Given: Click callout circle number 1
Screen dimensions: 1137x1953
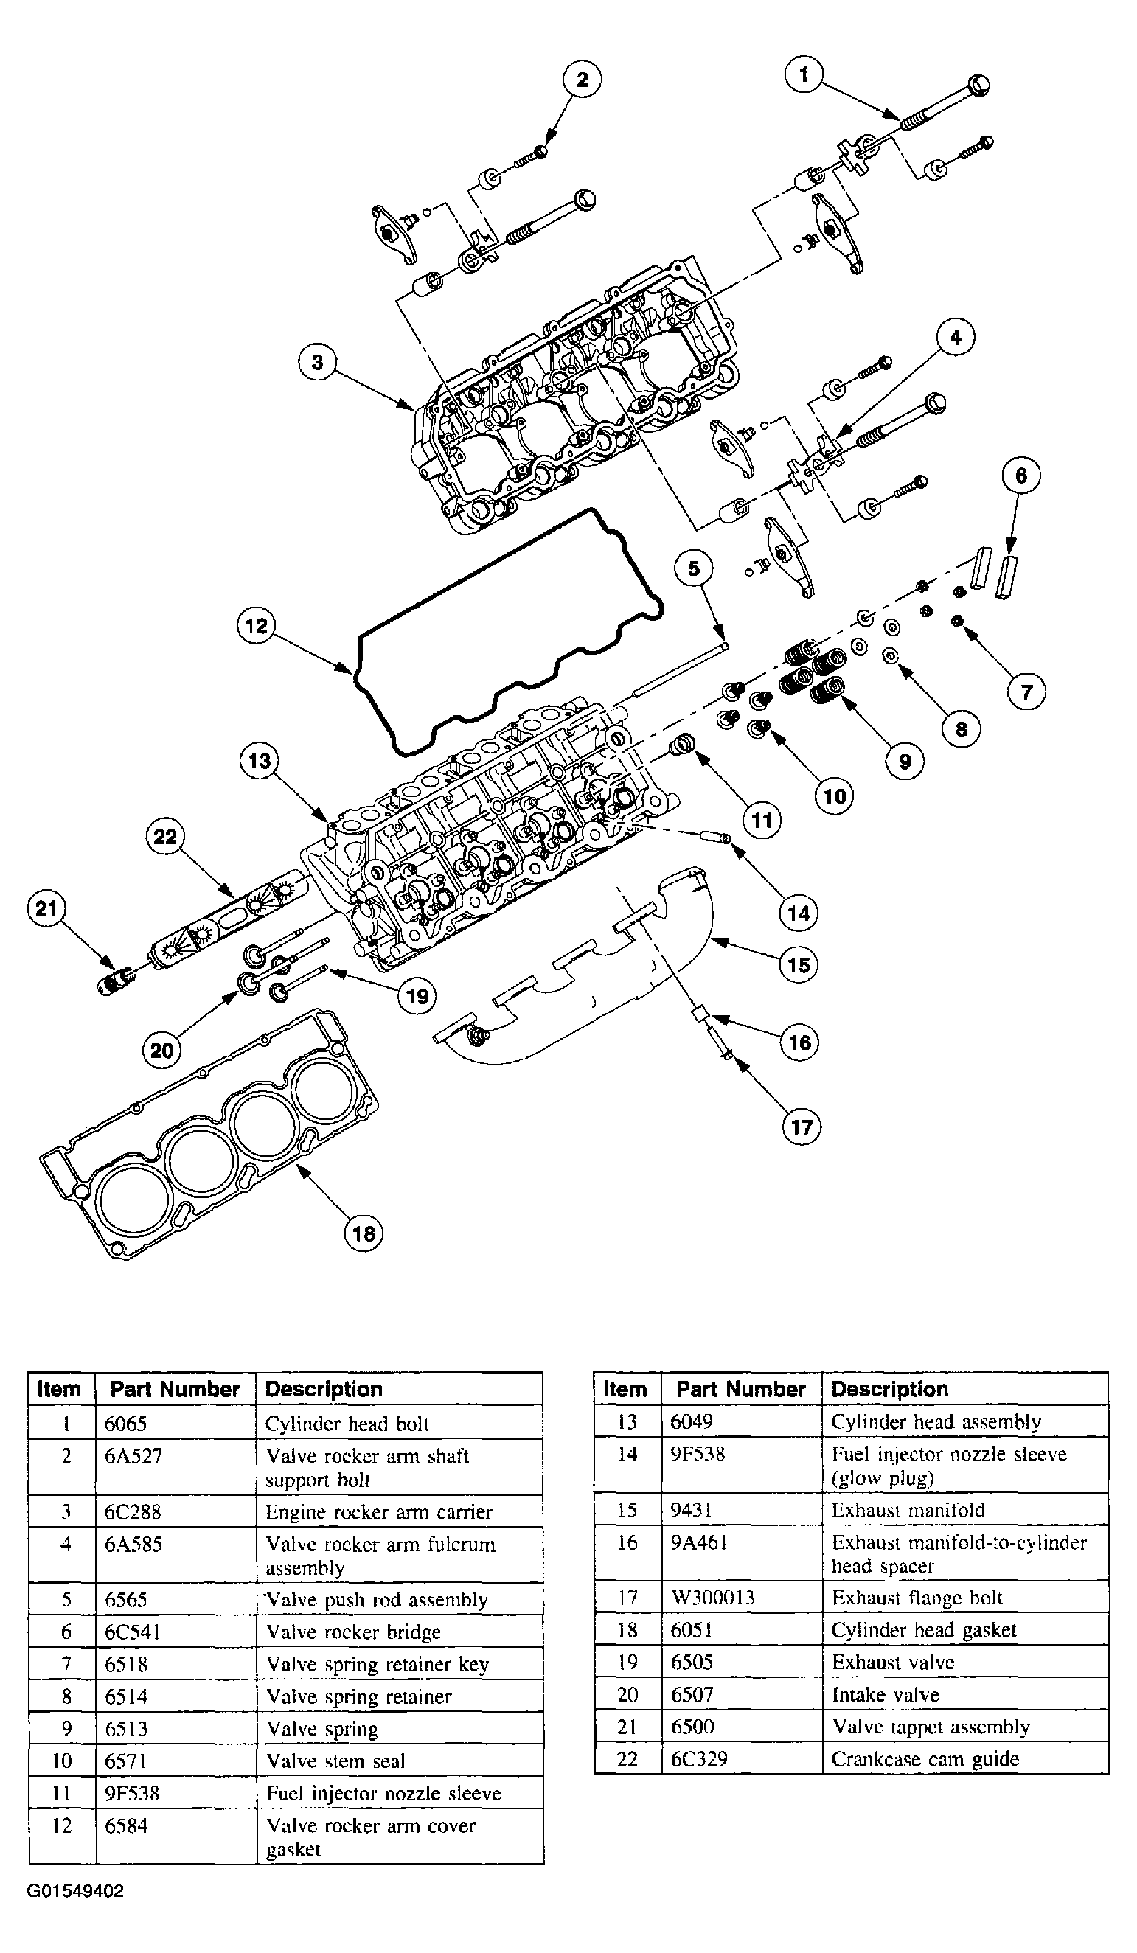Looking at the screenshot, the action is pyautogui.click(x=804, y=75).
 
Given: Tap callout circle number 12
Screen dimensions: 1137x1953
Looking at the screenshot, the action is pyautogui.click(x=257, y=625).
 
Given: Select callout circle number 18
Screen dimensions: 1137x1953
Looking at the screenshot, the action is pyautogui.click(x=364, y=1233).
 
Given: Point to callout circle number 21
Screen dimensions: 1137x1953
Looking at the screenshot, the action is pyautogui.click(x=46, y=908).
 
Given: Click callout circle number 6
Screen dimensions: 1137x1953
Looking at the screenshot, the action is pyautogui.click(x=1020, y=475).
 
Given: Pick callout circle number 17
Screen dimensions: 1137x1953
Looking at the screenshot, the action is pyautogui.click(x=802, y=1126).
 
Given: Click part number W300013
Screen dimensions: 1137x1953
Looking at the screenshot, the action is pyautogui.click(x=713, y=1598).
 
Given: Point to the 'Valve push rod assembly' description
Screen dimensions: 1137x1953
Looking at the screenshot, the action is pyautogui.click(x=377, y=1601).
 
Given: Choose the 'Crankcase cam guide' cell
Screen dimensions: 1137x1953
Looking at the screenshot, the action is pyautogui.click(x=925, y=1759).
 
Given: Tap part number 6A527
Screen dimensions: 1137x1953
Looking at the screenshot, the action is pyautogui.click(x=133, y=1456).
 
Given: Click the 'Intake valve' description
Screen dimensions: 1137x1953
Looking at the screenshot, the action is pyautogui.click(x=885, y=1695).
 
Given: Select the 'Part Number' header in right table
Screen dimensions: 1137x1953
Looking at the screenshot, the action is pyautogui.click(x=740, y=1389).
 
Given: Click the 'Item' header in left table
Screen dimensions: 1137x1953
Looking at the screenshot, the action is pyautogui.click(x=59, y=1389).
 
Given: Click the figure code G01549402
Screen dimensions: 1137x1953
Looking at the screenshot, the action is pyautogui.click(x=75, y=1892).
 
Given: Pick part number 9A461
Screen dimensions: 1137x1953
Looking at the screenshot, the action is pyautogui.click(x=699, y=1543).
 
